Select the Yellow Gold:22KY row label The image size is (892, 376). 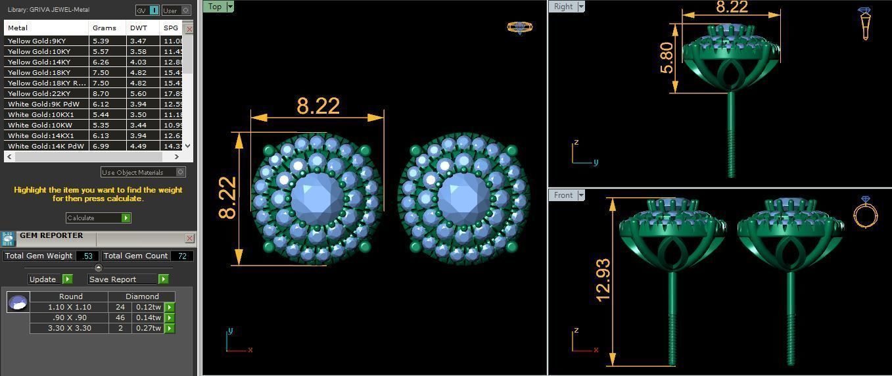click(39, 94)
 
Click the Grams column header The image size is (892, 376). click(105, 28)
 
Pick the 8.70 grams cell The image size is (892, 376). click(101, 94)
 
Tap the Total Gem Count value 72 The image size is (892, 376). click(181, 256)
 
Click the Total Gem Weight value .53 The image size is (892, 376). click(87, 256)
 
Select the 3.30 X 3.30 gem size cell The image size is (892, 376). click(69, 328)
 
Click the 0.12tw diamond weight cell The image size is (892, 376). click(148, 307)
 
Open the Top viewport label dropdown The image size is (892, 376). click(230, 7)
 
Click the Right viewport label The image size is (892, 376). click(563, 7)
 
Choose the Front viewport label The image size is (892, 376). click(563, 195)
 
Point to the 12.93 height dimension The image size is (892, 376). click(603, 281)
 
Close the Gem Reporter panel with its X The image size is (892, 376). click(189, 238)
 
